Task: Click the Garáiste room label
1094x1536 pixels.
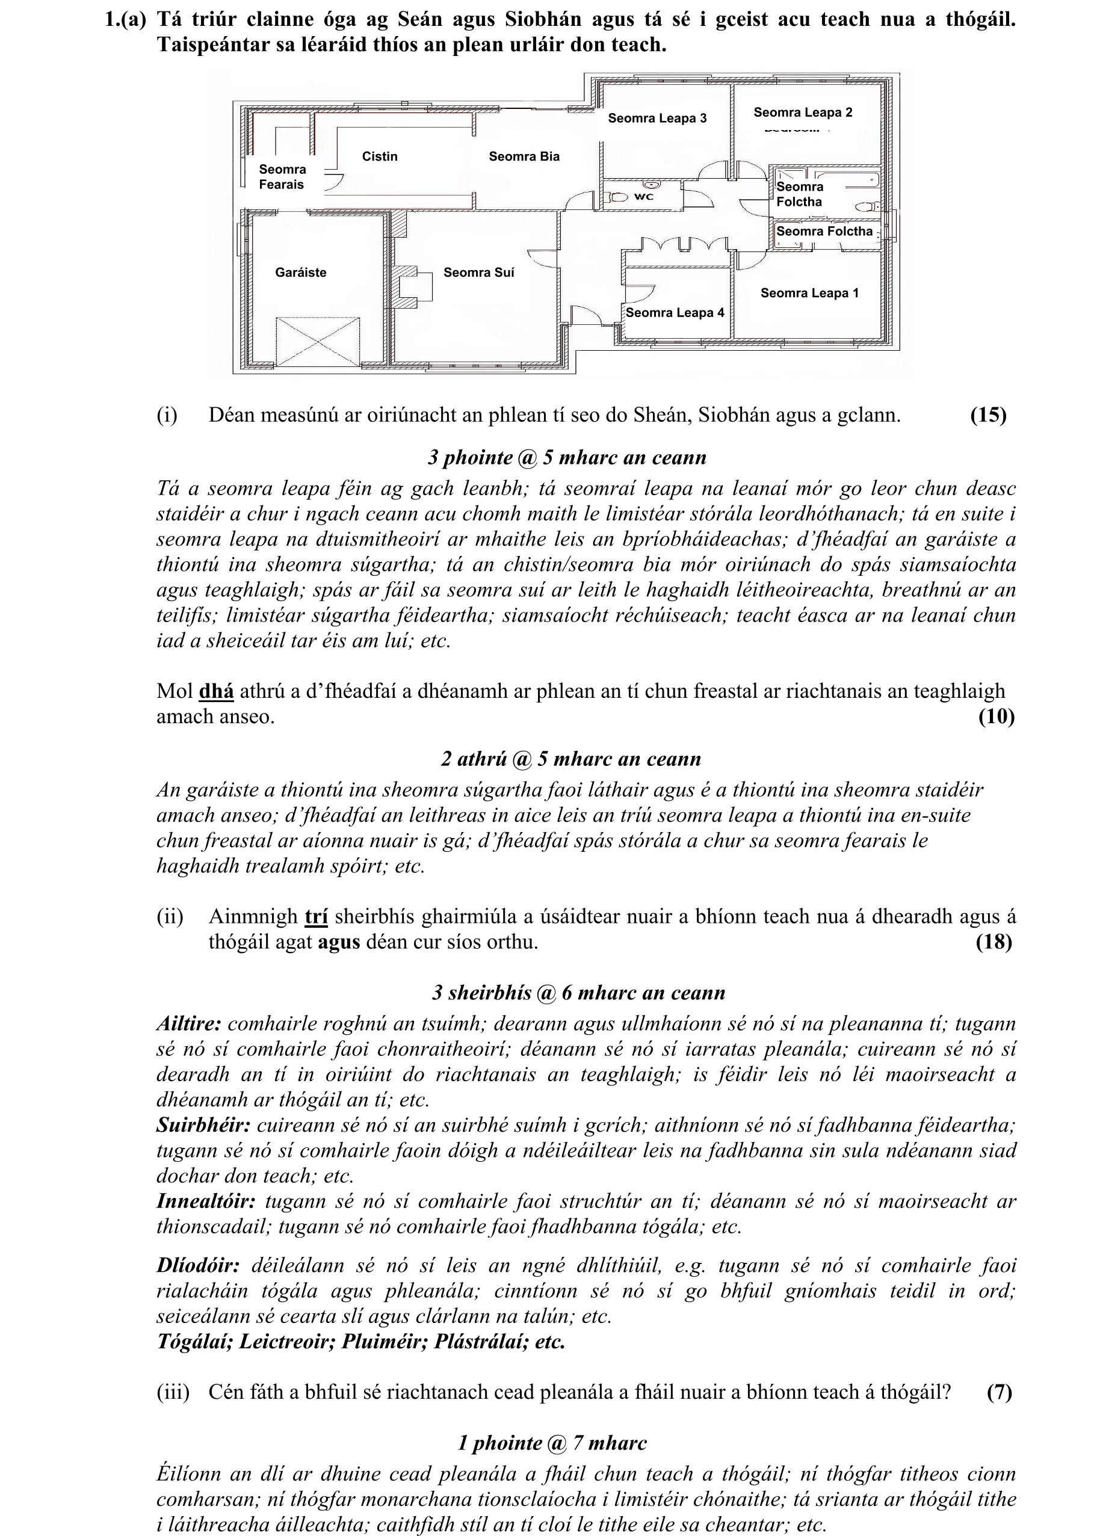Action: (x=300, y=273)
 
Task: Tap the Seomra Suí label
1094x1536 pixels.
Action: (x=478, y=273)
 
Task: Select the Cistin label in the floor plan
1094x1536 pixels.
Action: (x=380, y=156)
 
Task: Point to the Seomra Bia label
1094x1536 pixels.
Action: (x=524, y=156)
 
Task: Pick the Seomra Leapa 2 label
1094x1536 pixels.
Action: (x=802, y=113)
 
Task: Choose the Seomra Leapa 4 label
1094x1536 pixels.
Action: (x=675, y=312)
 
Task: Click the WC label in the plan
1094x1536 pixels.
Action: (x=644, y=197)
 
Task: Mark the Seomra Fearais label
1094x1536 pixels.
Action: (x=282, y=177)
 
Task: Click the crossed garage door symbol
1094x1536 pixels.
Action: (x=318, y=341)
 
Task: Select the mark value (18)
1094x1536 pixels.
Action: (x=994, y=942)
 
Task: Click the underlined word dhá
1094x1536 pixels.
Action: (x=216, y=691)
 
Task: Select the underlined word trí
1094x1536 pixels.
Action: (x=316, y=916)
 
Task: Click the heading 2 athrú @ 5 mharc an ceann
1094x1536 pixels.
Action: (x=570, y=759)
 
